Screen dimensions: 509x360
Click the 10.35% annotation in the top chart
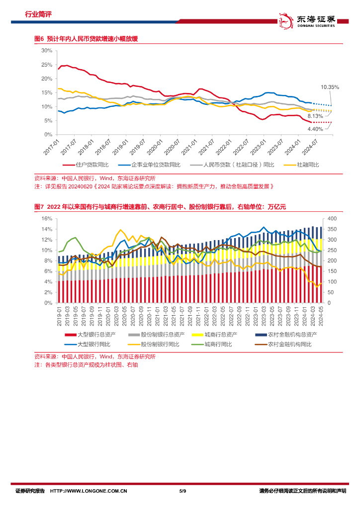[x=330, y=87]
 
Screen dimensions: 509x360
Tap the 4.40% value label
[x=315, y=129]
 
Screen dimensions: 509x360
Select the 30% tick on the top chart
[x=47, y=51]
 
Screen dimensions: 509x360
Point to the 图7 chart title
[x=160, y=207]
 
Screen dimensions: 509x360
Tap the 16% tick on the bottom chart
[x=47, y=219]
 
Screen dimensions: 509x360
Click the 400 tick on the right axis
[x=331, y=219]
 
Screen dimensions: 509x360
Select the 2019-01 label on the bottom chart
[x=59, y=316]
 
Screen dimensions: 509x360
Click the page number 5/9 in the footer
[x=182, y=492]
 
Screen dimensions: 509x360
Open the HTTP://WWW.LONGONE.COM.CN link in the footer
[x=89, y=492]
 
